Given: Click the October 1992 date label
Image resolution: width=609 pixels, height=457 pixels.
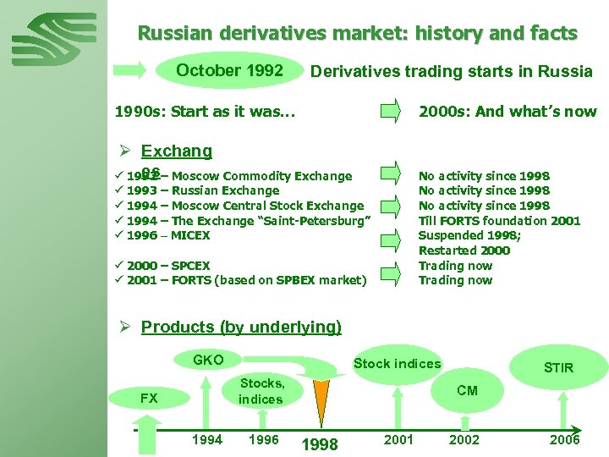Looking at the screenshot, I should (229, 70).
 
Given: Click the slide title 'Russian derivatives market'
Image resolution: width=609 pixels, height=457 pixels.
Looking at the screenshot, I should (357, 34).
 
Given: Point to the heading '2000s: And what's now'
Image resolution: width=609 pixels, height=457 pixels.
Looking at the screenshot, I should (507, 111).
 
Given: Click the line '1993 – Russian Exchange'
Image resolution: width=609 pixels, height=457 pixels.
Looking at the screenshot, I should (203, 190).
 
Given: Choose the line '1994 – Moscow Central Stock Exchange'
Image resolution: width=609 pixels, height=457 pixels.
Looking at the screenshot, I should (245, 206).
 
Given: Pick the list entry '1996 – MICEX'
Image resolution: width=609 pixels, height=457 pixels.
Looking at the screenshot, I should (168, 235).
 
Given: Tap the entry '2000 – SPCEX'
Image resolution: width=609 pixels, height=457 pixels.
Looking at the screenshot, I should (168, 265).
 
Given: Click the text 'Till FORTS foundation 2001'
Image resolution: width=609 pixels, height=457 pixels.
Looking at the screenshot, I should (499, 221).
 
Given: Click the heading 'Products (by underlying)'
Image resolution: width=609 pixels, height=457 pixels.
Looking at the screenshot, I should (241, 327).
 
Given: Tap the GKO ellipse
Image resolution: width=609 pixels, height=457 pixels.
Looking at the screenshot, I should (208, 361).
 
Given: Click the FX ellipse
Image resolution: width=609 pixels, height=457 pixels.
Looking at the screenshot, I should (149, 398).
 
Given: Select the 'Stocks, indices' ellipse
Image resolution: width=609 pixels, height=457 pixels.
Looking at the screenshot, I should (261, 392).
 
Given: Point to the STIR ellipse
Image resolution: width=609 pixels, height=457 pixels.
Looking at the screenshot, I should (558, 367).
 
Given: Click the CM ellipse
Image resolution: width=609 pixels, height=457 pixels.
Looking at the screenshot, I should (467, 390).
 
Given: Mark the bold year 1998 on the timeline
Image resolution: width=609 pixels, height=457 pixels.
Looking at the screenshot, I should (320, 444).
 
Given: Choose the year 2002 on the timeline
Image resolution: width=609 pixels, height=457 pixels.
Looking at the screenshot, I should (464, 439).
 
